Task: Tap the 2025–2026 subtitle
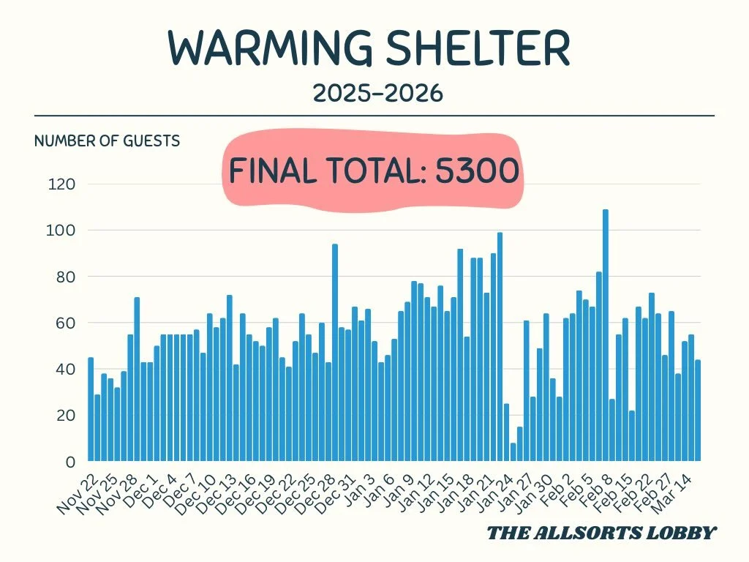[x=377, y=93]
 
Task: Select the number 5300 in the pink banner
[x=477, y=171]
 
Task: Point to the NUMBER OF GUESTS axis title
[x=107, y=140]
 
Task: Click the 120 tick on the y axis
[x=61, y=184]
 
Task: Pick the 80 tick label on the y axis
[x=63, y=277]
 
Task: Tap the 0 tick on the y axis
[x=71, y=462]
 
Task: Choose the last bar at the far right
[x=698, y=411]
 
